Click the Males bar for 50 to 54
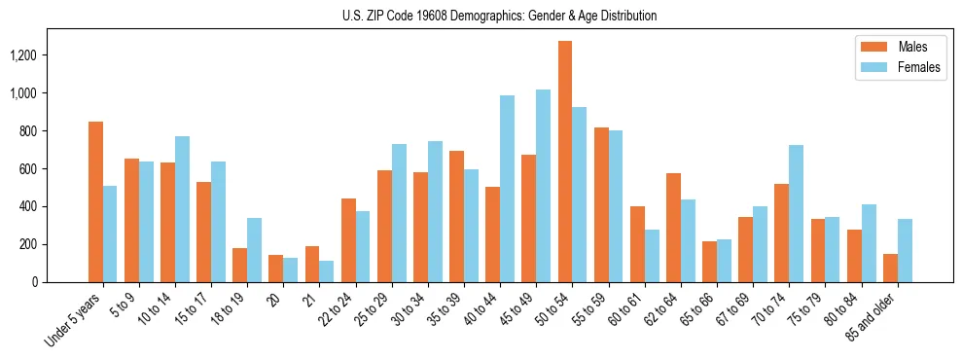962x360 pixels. click(565, 162)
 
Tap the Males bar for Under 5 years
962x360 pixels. click(95, 201)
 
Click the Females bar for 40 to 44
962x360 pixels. click(507, 189)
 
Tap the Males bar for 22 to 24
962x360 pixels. click(348, 240)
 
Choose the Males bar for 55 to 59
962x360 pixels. click(601, 204)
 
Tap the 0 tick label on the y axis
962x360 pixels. click(60, 282)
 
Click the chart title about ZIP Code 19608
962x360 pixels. click(499, 16)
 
